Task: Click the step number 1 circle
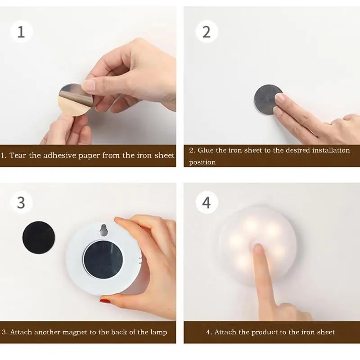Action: (21, 31)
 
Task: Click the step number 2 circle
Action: (207, 31)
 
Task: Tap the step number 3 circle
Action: (21, 202)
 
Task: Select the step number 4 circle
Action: (207, 202)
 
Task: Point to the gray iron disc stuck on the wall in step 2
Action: (267, 99)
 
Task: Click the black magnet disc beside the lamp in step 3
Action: (39, 238)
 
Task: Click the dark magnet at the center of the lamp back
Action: (103, 260)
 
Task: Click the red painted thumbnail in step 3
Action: (105, 300)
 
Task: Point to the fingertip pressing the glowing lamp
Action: (258, 249)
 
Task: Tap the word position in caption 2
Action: (202, 162)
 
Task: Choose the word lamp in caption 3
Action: (159, 333)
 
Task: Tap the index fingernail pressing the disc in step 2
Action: (279, 98)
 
